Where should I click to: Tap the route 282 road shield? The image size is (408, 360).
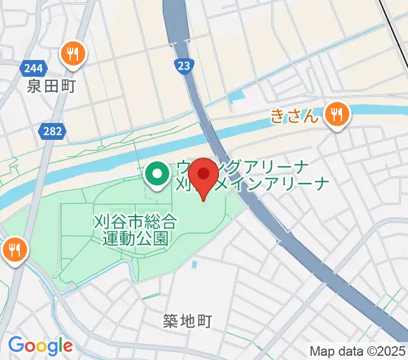coord(52,130)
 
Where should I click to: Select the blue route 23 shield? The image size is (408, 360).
coord(185,65)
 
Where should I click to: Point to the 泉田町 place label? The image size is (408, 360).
coord(51,86)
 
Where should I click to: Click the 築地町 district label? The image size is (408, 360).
coord(187,322)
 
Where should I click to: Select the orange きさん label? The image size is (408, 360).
coord(294,116)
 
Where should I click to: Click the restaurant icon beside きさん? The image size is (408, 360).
coord(337,114)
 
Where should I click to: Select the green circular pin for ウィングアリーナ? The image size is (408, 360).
coord(157,175)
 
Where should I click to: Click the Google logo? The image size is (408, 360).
coord(40,346)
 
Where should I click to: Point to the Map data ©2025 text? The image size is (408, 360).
coord(358,351)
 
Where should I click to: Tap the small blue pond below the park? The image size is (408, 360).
coord(194,264)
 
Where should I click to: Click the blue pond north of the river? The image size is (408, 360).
coord(237,95)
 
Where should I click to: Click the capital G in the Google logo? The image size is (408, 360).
coord(17,345)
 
